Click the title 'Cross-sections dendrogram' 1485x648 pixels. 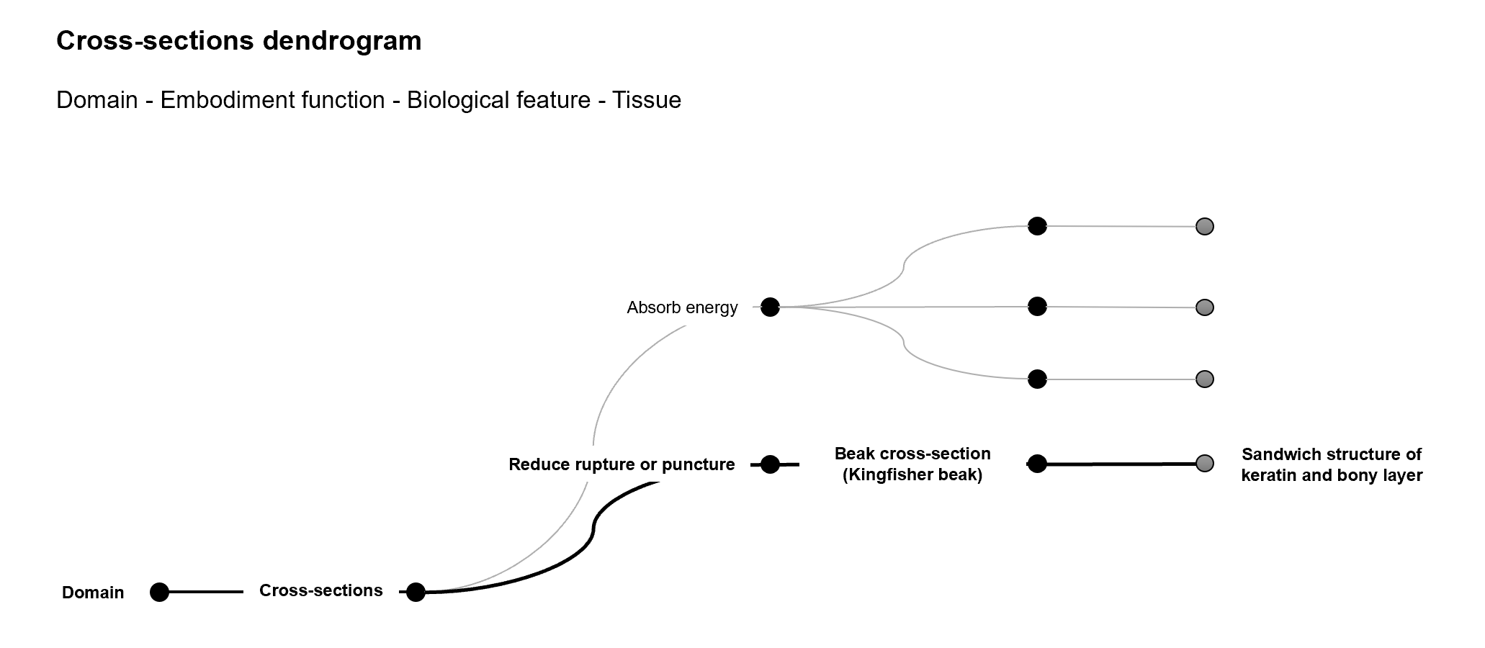[238, 41]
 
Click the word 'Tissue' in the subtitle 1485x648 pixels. [646, 100]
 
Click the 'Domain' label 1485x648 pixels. [93, 593]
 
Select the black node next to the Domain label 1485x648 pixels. [159, 592]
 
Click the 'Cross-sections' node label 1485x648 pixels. [320, 590]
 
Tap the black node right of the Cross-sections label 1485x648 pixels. [416, 592]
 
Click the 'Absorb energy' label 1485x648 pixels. [682, 307]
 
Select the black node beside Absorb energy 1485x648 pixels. [770, 307]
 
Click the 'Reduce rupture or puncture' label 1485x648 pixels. [622, 464]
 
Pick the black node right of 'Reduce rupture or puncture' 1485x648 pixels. [770, 464]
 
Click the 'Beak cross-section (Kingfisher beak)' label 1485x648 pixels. [912, 464]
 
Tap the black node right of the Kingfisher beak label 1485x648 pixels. [1037, 464]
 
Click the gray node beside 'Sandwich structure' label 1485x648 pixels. [1205, 463]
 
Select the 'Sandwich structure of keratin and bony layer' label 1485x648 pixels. [1332, 464]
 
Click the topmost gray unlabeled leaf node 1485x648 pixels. [1205, 226]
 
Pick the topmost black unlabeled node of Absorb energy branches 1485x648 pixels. [1037, 226]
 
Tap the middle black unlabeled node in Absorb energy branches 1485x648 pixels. [1037, 307]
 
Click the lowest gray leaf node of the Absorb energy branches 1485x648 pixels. [1205, 379]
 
